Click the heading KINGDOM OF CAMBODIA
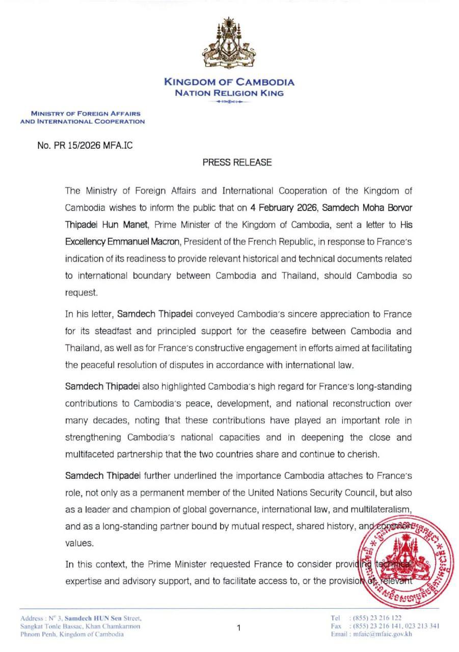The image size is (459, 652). [229, 82]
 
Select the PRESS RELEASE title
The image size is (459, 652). [237, 162]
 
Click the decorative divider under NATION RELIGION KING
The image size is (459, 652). [229, 102]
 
